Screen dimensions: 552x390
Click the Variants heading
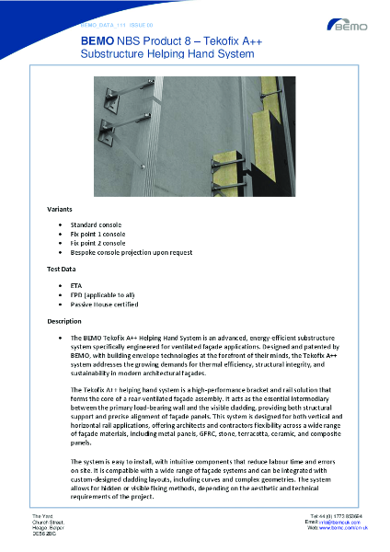click(60, 210)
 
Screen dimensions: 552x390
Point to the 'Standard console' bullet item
click(96, 224)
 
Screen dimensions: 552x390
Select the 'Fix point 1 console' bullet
click(98, 234)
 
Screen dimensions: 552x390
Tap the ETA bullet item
click(76, 285)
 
